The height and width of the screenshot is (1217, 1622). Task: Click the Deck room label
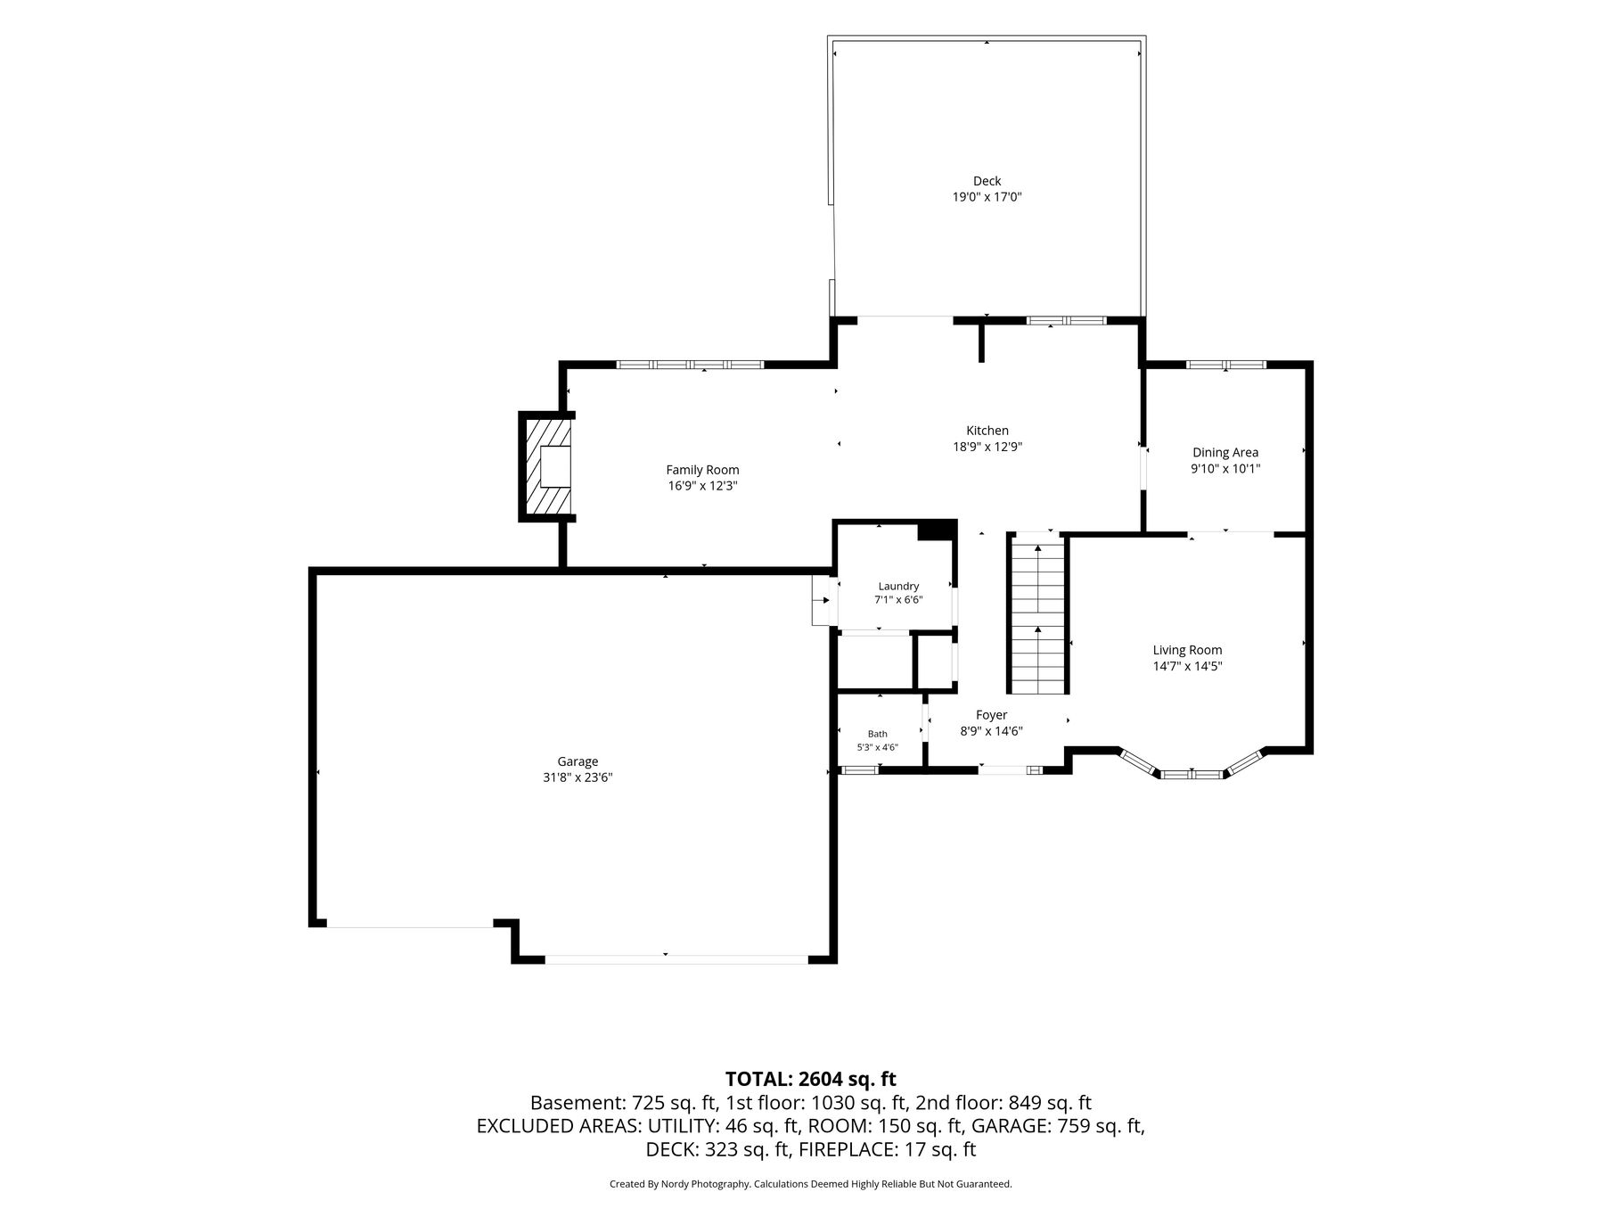(987, 181)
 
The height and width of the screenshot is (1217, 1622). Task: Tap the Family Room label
(702, 470)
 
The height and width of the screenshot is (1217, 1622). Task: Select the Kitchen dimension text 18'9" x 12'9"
(987, 447)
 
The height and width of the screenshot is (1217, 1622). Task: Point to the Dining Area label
(1225, 452)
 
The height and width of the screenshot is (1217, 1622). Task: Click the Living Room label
(1187, 650)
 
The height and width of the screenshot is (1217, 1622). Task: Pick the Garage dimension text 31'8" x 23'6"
(578, 777)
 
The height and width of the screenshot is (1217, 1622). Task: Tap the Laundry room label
(898, 586)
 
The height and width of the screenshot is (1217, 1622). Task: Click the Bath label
(878, 734)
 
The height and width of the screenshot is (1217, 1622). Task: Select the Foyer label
(991, 715)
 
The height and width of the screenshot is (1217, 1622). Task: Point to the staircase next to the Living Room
(1037, 613)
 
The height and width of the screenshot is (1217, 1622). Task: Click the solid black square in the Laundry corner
(937, 530)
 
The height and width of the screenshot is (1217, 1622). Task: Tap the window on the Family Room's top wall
(691, 364)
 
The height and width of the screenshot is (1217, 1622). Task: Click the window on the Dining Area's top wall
(1225, 364)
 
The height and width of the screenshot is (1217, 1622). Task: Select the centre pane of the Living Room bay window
(1192, 774)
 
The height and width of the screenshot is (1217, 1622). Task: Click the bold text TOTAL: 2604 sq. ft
(810, 1079)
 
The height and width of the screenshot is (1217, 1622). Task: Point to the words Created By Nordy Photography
(679, 1184)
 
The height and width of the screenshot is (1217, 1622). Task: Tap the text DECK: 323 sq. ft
(718, 1149)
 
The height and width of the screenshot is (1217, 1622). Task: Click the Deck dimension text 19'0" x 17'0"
(987, 197)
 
